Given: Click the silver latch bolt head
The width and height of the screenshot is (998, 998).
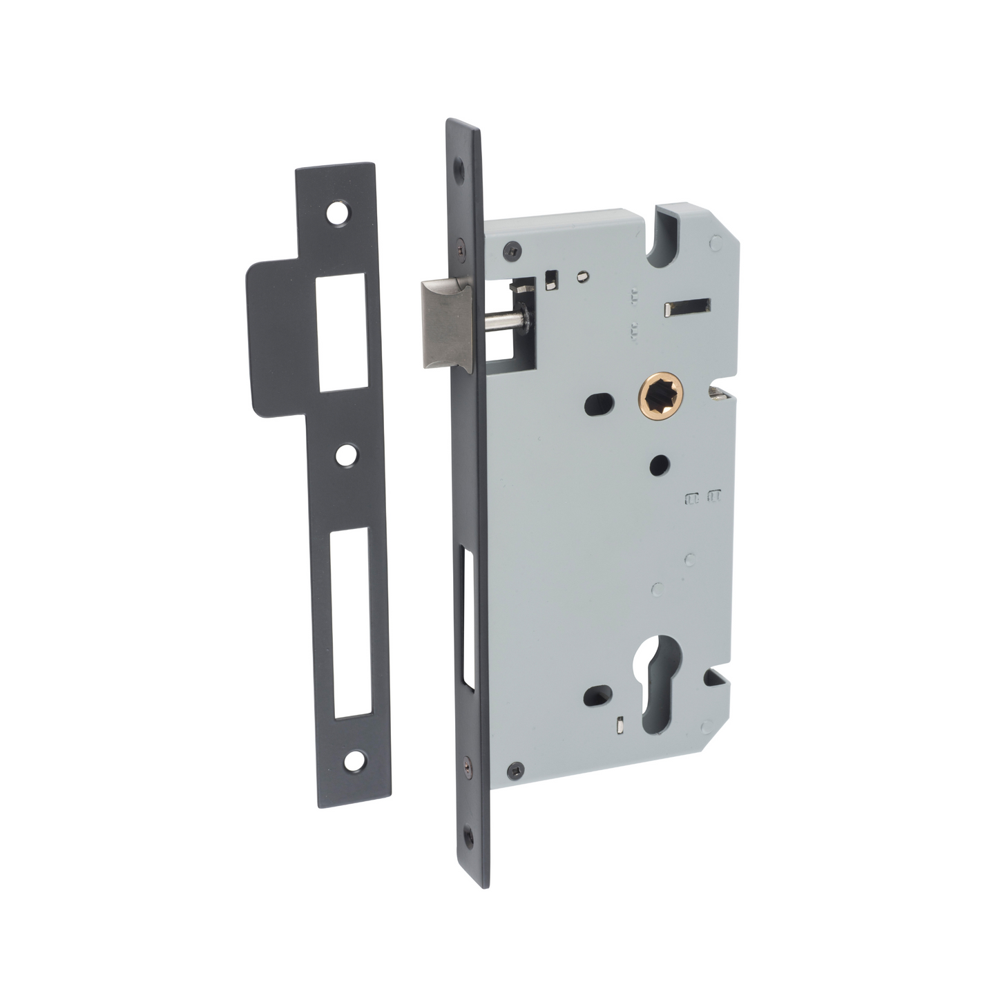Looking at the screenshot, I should [446, 323].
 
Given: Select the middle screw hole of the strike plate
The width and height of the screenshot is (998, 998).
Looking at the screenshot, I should [347, 454].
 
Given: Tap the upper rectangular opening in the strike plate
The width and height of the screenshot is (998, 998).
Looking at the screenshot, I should [341, 332].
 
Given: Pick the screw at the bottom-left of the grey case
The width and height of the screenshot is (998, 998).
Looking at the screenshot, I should [517, 770].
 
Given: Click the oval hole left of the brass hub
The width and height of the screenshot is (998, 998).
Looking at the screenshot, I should [599, 405].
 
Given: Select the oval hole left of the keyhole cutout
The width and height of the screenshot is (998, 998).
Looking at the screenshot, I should [597, 696].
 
